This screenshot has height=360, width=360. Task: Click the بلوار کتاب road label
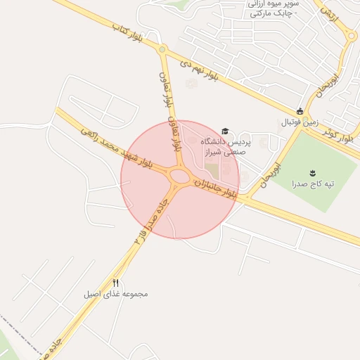(127, 33)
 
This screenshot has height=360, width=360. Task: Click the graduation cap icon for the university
(225, 131)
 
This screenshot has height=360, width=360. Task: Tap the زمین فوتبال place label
(300, 122)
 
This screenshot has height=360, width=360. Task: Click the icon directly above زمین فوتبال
(300, 111)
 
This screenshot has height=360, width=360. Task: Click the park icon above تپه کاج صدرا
(313, 172)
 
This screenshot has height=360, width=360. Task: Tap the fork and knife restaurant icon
(116, 282)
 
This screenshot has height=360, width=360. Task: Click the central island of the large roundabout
(180, 176)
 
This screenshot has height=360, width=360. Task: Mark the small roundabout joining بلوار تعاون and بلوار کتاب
(162, 49)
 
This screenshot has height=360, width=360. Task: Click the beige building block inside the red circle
(212, 170)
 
